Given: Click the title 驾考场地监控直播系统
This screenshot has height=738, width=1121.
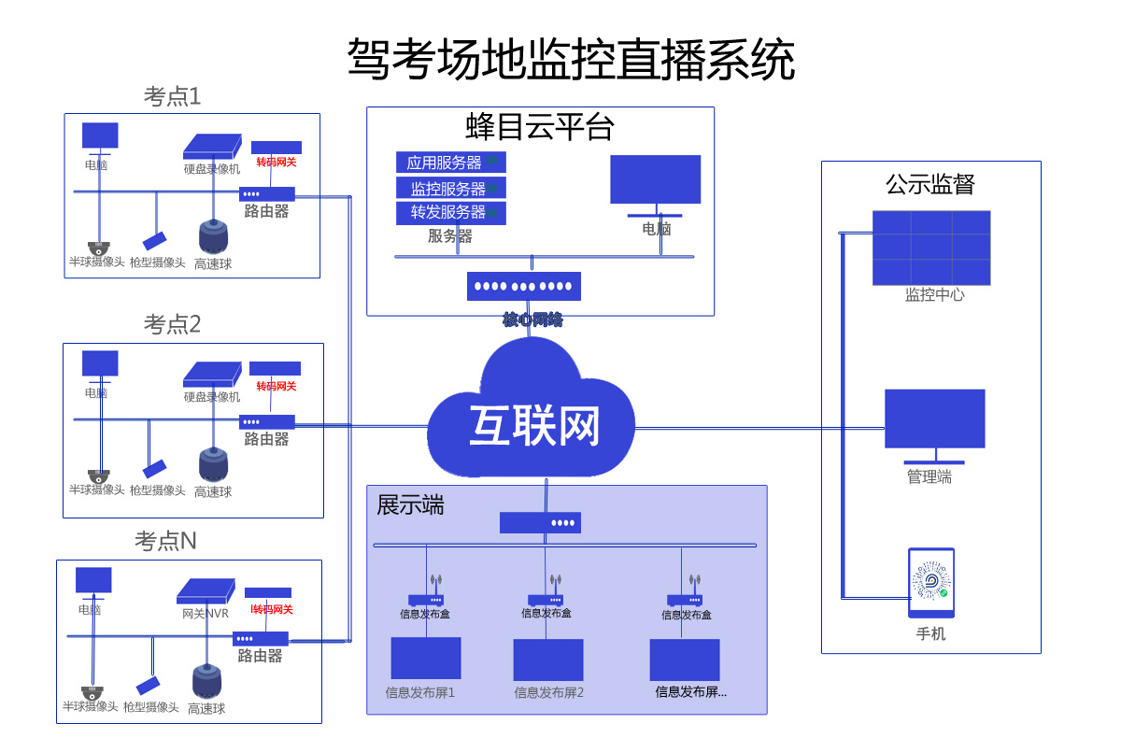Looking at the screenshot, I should click(571, 60).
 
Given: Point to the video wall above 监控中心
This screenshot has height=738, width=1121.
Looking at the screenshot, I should click(930, 248).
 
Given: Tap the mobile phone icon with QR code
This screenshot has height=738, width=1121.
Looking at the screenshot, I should click(931, 583).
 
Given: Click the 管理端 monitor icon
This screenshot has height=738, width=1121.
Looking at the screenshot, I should click(934, 420).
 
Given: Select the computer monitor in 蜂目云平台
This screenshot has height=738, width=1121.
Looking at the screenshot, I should click(655, 179).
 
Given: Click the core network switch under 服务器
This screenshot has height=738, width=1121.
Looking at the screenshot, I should click(523, 286).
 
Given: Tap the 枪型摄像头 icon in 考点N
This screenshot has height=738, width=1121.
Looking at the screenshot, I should click(148, 686).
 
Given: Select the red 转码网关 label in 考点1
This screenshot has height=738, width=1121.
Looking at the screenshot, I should click(277, 163).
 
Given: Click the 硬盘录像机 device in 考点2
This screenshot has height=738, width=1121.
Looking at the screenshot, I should click(212, 374).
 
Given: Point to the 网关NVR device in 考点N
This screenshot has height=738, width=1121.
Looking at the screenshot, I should click(206, 591).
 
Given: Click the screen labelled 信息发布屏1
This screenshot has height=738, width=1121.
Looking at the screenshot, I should click(425, 659).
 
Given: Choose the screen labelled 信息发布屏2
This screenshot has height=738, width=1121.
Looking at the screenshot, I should click(548, 660).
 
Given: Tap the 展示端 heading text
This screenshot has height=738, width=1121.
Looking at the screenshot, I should click(410, 505).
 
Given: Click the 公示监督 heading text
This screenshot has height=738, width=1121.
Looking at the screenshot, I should click(929, 184).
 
